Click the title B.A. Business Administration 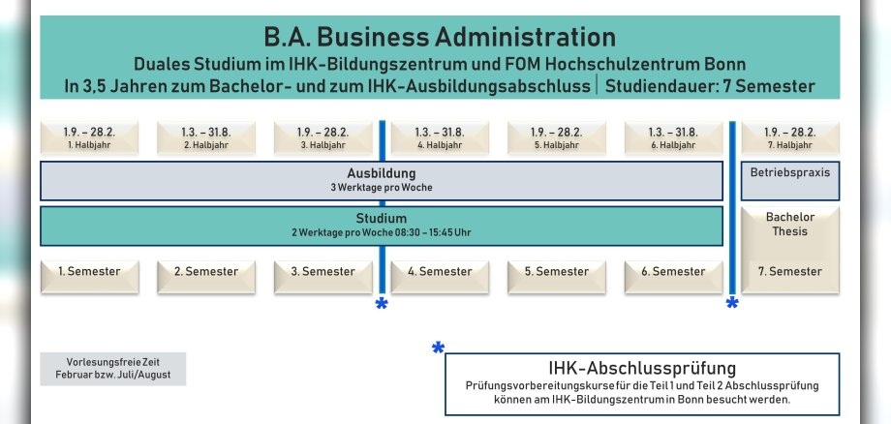[x=439, y=38]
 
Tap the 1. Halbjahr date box [x=89, y=137]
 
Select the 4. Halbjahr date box [x=438, y=137]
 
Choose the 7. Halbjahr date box [x=790, y=137]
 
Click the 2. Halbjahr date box [x=206, y=137]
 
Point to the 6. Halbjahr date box [x=672, y=137]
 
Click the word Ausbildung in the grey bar [x=381, y=173]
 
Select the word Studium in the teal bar [x=381, y=218]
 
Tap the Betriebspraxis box [x=790, y=172]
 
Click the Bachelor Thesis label [x=790, y=225]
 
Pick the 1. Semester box [x=89, y=272]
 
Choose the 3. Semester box [x=323, y=272]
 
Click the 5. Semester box [x=556, y=272]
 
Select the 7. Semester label [x=790, y=272]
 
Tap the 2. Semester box [x=206, y=272]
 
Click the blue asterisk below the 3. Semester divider [x=382, y=305]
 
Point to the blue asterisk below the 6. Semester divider [x=732, y=305]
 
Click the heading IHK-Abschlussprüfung [x=642, y=368]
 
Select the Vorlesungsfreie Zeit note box [x=112, y=369]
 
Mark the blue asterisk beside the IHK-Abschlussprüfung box [x=438, y=348]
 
